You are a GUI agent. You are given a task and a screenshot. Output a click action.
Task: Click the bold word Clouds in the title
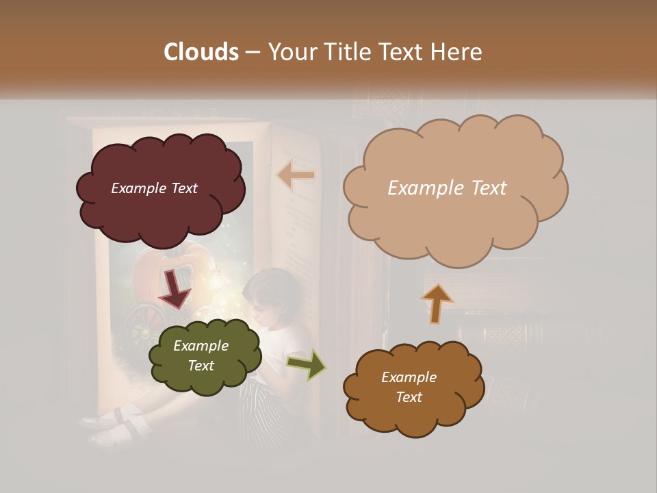(202, 52)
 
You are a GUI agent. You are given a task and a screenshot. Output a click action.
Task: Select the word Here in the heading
(459, 52)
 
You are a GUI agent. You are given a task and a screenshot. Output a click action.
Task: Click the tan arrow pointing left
(296, 175)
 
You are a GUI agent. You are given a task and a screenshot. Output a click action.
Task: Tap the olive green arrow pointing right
(307, 364)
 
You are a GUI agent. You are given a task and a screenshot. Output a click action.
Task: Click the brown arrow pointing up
(437, 303)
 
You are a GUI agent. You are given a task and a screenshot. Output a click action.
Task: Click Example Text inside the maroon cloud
(155, 188)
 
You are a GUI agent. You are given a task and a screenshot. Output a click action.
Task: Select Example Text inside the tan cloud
(447, 188)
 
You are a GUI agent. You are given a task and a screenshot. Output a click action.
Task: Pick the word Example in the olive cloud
(201, 346)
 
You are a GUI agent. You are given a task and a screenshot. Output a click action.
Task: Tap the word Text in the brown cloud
(409, 397)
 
